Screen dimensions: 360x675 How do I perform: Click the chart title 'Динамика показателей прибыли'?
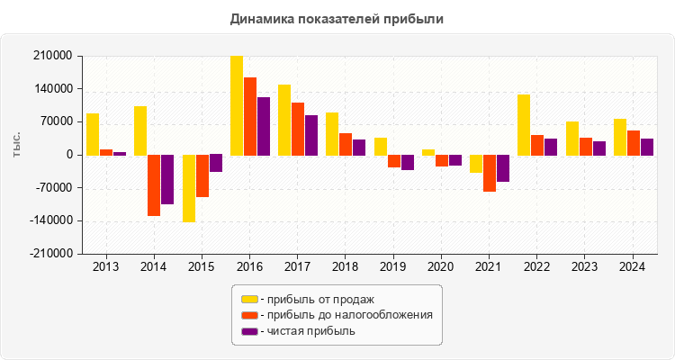pyautogui.click(x=337, y=18)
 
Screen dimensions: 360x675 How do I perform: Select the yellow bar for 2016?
pyautogui.click(x=237, y=105)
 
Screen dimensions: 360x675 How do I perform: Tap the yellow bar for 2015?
pyautogui.click(x=189, y=188)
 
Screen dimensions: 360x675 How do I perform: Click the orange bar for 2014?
pyautogui.click(x=154, y=185)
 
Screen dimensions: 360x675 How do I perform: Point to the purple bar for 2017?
pyautogui.click(x=311, y=135)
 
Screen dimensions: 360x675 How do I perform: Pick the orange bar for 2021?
pyautogui.click(x=490, y=173)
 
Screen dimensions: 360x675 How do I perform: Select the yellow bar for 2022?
pyautogui.click(x=524, y=124)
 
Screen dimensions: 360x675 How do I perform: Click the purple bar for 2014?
pyautogui.click(x=167, y=179)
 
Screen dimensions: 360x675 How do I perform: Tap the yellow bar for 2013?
pyautogui.click(x=93, y=134)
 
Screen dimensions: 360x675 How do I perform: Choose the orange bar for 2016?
pyautogui.click(x=250, y=116)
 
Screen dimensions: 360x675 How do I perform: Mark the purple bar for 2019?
pyautogui.click(x=408, y=162)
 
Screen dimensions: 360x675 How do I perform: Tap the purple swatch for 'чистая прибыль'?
pyautogui.click(x=249, y=331)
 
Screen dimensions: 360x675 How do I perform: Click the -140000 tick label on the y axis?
pyautogui.click(x=53, y=221)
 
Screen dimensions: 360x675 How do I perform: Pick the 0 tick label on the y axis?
pyautogui.click(x=68, y=155)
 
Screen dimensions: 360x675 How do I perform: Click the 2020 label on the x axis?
pyautogui.click(x=441, y=266)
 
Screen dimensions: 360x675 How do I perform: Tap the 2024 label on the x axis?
pyautogui.click(x=633, y=266)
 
